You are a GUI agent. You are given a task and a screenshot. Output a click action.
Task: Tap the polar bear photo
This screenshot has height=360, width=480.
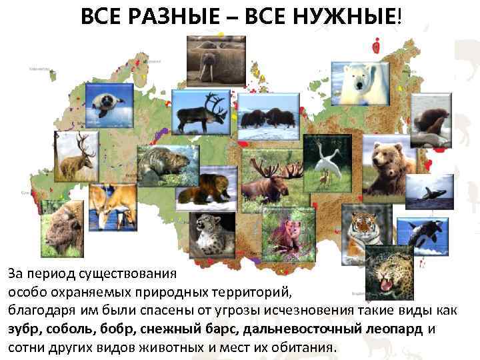pyautogui.click(x=359, y=85)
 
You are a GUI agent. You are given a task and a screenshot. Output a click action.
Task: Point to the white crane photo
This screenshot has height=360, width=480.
pyautogui.click(x=327, y=162)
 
